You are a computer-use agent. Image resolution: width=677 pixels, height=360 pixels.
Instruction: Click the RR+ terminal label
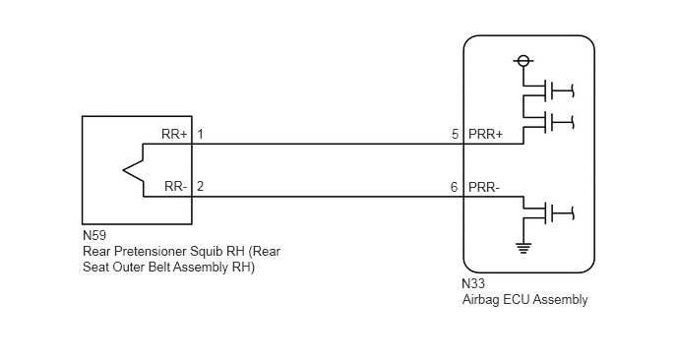tap(174, 134)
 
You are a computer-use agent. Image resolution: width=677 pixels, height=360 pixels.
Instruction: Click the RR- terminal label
tap(176, 187)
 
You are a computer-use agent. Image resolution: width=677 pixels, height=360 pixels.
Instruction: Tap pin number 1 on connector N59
tap(201, 134)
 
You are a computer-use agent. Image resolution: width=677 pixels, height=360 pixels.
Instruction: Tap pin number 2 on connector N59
tap(201, 187)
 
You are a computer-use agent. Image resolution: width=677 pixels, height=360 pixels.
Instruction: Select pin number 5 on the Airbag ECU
tap(455, 134)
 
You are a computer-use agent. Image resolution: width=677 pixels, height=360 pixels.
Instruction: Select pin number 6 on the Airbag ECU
tap(455, 187)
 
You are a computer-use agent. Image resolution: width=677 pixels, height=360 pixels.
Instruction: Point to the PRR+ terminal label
tap(486, 134)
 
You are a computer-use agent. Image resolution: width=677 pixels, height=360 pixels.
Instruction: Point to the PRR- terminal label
tap(484, 187)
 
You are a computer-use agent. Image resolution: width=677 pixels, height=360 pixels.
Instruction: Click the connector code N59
tap(94, 236)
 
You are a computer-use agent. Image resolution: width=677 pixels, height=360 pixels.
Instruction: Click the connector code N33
tap(473, 283)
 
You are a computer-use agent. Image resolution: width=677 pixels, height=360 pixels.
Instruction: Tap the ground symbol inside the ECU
tap(523, 248)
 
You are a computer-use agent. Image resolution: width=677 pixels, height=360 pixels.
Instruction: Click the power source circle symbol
tap(523, 61)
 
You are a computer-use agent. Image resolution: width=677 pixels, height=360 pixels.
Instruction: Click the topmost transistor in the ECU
tap(547, 90)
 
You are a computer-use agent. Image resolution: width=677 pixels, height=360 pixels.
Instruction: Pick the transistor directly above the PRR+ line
tap(547, 122)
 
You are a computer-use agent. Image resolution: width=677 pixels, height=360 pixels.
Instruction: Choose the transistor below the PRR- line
tap(547, 212)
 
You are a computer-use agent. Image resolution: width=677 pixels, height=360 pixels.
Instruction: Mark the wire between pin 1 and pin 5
tap(328, 145)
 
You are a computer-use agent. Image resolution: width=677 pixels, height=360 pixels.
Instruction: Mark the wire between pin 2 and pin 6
tap(328, 197)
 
